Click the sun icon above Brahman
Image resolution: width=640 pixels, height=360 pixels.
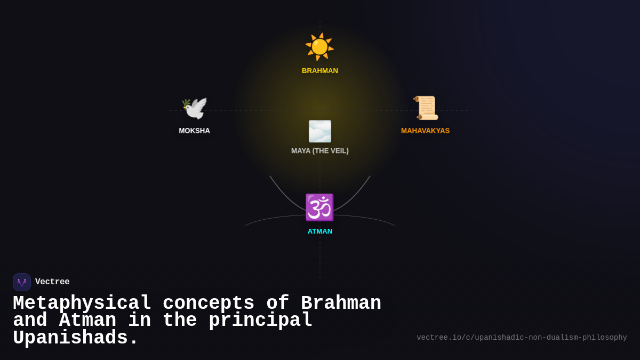click(x=319, y=47)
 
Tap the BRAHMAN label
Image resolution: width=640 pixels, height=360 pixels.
click(x=320, y=71)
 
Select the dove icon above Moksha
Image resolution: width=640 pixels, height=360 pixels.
click(x=194, y=108)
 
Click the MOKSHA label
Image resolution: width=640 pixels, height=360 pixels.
click(x=194, y=131)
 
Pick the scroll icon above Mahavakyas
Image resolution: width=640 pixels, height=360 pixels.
click(x=426, y=108)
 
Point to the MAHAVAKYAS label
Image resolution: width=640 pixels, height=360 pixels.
click(x=425, y=131)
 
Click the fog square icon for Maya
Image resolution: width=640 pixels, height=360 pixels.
click(x=320, y=131)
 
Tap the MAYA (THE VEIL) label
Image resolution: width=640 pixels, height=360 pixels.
click(x=320, y=151)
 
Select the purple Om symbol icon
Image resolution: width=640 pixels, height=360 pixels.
click(x=319, y=207)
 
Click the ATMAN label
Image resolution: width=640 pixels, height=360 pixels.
click(x=320, y=231)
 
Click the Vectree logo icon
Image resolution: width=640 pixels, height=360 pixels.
click(x=22, y=282)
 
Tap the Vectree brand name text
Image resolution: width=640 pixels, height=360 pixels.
click(x=52, y=282)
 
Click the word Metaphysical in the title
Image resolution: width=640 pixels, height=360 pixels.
click(x=82, y=303)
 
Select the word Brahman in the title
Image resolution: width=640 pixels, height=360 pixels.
click(x=341, y=303)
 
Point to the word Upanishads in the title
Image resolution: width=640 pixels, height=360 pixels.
click(x=75, y=338)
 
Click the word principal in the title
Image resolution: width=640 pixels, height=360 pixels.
click(x=260, y=321)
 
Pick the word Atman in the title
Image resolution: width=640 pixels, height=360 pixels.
click(x=87, y=321)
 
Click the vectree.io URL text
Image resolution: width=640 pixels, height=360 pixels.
click(x=522, y=338)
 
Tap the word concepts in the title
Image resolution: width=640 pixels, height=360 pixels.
click(x=209, y=303)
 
